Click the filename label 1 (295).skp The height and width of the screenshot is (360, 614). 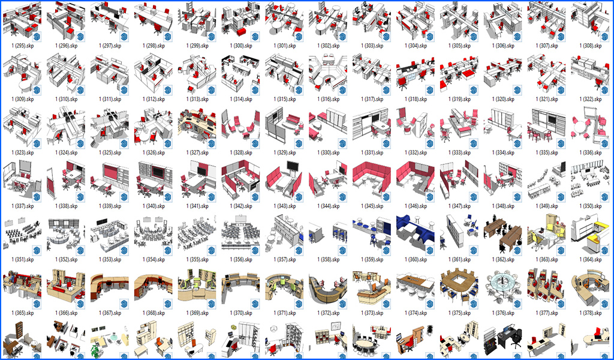(x=23, y=46)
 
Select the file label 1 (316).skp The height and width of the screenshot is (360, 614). (x=329, y=99)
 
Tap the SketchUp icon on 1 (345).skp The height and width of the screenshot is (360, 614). (x=386, y=197)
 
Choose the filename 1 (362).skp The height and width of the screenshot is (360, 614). (x=503, y=260)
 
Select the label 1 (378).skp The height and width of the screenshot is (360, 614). (x=591, y=313)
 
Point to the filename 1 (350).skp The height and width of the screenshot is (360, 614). (x=591, y=206)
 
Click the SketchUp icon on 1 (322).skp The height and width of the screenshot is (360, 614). (x=604, y=90)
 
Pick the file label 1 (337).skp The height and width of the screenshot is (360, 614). (x=23, y=206)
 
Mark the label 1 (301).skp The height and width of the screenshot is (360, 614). (x=285, y=46)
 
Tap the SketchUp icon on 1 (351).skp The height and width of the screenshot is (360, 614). (x=37, y=250)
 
